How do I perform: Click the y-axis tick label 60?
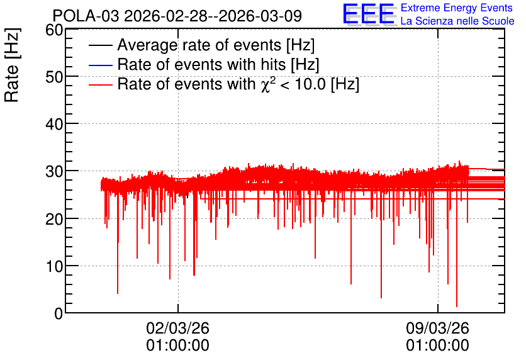[54, 30]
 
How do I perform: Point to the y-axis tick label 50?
[54, 77]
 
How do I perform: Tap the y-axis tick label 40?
[54, 125]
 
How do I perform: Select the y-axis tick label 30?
[54, 172]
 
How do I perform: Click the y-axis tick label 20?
[54, 220]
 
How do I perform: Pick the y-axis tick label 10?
[54, 267]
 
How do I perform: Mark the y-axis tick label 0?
[59, 314]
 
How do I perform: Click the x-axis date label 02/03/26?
[178, 328]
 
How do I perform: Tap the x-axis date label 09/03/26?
[437, 328]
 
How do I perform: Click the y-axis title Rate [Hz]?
[12, 65]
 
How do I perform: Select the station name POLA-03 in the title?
[86, 16]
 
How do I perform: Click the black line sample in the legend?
[100, 45]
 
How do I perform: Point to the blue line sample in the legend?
[100, 65]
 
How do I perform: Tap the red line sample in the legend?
[100, 85]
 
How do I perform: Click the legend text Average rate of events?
[199, 45]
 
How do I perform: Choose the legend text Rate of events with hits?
[201, 64]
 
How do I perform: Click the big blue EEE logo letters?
[369, 14]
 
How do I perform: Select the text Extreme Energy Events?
[457, 8]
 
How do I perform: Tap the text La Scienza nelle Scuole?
[457, 21]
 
